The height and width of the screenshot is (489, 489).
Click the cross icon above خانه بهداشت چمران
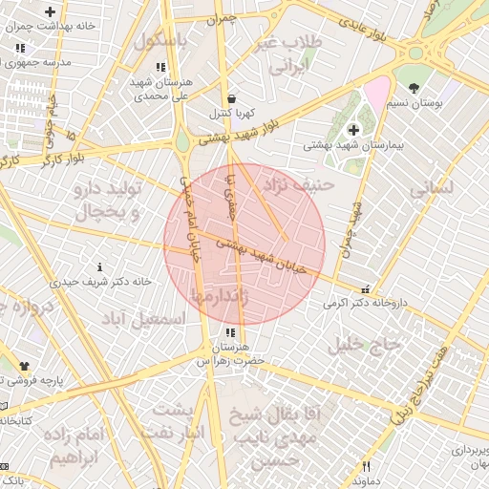[50, 11]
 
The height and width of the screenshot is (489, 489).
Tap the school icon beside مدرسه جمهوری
[20, 48]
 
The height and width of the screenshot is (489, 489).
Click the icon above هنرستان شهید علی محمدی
[160, 67]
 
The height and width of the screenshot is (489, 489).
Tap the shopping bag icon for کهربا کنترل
[232, 98]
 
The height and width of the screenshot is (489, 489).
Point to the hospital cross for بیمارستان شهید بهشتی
[353, 129]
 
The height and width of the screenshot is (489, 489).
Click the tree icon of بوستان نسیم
[414, 88]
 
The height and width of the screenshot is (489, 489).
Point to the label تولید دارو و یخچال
[106, 200]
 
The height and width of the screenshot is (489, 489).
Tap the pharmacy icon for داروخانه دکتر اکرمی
[364, 289]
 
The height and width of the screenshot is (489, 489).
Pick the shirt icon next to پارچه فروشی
[24, 366]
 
